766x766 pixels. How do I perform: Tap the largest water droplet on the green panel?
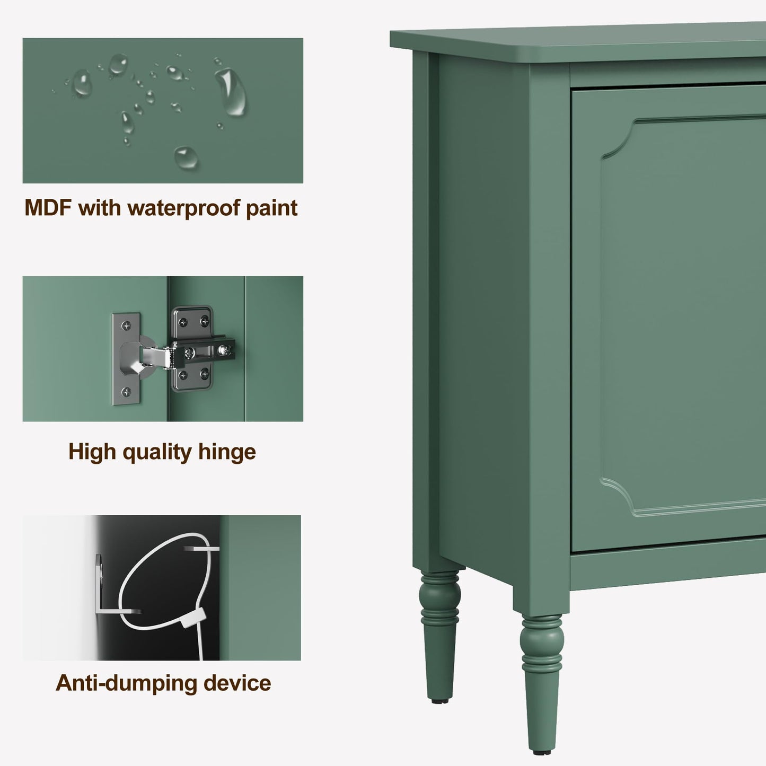(231, 92)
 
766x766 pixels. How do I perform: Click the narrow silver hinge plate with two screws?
(126, 359)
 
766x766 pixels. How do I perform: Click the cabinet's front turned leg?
(541, 679)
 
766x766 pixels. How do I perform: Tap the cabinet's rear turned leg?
(439, 631)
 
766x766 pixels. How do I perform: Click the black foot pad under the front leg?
(541, 751)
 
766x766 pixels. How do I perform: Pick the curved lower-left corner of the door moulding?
(618, 493)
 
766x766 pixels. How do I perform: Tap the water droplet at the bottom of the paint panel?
(186, 157)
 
